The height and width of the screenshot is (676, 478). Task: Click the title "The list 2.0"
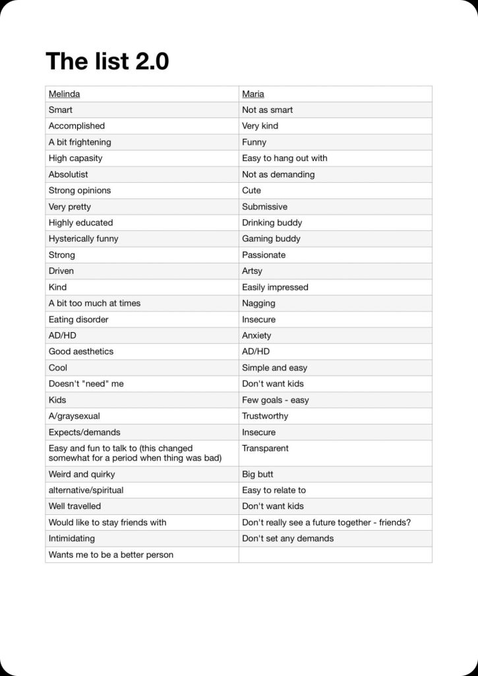click(107, 61)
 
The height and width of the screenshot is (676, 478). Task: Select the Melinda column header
click(64, 94)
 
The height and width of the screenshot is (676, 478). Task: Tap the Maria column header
click(253, 94)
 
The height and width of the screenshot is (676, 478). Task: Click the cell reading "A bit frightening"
click(80, 142)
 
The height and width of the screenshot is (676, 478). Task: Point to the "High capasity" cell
click(75, 158)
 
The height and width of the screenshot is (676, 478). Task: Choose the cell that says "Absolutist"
click(68, 174)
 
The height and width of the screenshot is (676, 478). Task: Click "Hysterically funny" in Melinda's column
click(83, 239)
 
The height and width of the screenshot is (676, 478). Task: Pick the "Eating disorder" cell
click(78, 320)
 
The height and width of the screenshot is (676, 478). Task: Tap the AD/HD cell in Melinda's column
click(63, 335)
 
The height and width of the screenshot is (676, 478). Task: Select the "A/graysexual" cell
click(75, 416)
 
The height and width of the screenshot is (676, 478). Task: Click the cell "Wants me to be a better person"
click(111, 555)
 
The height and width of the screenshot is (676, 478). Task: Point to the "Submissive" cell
click(264, 207)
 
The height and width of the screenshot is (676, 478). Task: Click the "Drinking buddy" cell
click(272, 222)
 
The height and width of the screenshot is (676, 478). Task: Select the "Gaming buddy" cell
click(271, 239)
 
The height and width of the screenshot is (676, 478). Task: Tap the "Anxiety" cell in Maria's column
click(256, 335)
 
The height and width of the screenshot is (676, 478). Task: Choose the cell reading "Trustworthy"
click(265, 416)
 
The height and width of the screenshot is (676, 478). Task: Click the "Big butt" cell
click(257, 474)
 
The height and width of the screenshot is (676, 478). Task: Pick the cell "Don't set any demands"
click(287, 539)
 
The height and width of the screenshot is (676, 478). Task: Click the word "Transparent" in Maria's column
click(265, 448)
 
